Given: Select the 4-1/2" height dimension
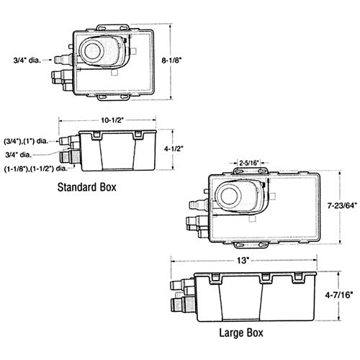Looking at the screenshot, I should point(174,149).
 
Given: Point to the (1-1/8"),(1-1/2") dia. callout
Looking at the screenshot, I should point(36,168).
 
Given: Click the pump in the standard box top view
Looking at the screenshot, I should point(96,50).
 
